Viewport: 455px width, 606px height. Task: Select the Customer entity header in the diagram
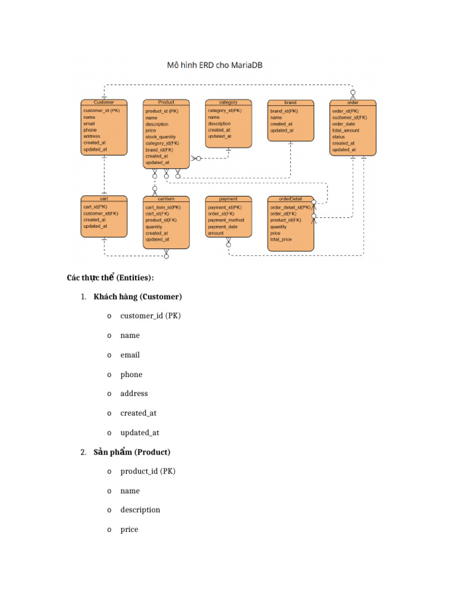(104, 102)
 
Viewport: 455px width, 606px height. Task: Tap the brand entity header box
(290, 102)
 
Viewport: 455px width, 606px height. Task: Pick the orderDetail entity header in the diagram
(290, 199)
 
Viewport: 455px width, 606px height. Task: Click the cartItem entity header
(166, 199)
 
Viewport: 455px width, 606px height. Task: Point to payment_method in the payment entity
(226, 220)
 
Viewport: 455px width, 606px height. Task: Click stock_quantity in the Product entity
(161, 137)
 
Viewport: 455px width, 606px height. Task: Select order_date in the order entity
(344, 124)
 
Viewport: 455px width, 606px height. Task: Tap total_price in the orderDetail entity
(281, 240)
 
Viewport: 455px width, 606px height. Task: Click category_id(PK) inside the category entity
(225, 111)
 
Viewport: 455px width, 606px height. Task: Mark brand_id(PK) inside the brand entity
(284, 111)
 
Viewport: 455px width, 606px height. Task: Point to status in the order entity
(338, 137)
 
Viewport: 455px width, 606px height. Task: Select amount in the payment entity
(216, 233)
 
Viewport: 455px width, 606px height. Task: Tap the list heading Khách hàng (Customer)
(137, 296)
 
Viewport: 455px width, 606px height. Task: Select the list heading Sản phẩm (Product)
(132, 452)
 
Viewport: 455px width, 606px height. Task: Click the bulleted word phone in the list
(131, 375)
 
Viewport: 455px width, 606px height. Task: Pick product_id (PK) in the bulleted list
(148, 472)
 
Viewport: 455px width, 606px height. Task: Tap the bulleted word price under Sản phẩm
(129, 530)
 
